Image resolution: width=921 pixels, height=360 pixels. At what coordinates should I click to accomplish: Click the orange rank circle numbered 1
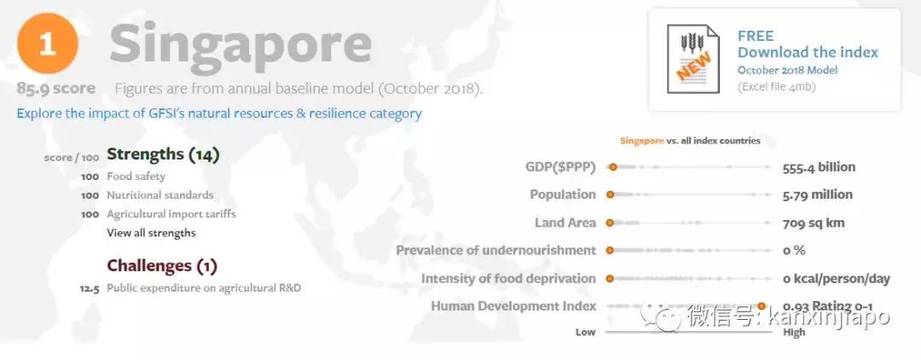(x=48, y=44)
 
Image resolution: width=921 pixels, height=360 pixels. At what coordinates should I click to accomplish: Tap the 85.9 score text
(x=55, y=89)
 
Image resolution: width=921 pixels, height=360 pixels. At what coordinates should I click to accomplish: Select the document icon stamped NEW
(x=692, y=58)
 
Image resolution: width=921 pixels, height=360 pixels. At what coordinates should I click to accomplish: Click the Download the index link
(x=808, y=52)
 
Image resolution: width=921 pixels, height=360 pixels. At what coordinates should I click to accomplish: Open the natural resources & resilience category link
(x=219, y=113)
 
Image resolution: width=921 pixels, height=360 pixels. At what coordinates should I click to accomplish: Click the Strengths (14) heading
(x=163, y=154)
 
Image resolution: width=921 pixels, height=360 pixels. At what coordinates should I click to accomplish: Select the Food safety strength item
(x=136, y=177)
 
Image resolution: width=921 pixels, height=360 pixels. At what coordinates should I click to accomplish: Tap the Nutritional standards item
(x=159, y=195)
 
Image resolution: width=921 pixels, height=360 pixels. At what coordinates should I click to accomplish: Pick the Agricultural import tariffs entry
(x=171, y=214)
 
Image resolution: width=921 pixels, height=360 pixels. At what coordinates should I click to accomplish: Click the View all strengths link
(x=151, y=233)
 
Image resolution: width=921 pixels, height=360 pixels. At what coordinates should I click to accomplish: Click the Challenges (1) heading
(x=161, y=266)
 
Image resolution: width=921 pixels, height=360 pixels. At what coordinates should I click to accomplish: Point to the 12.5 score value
(x=90, y=289)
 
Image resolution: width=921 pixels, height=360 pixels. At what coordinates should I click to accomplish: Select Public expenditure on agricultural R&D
(x=204, y=288)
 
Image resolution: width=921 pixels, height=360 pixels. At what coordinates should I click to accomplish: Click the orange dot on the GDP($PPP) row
(x=612, y=167)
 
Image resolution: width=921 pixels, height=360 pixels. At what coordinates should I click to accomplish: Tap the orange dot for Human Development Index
(x=762, y=306)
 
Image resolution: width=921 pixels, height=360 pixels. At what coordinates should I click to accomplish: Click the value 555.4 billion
(x=819, y=167)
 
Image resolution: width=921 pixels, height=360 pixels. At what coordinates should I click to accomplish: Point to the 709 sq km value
(x=814, y=224)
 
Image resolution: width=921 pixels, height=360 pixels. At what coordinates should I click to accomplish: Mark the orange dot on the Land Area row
(x=610, y=224)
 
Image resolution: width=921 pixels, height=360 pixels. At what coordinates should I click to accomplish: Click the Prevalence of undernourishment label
(x=495, y=250)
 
